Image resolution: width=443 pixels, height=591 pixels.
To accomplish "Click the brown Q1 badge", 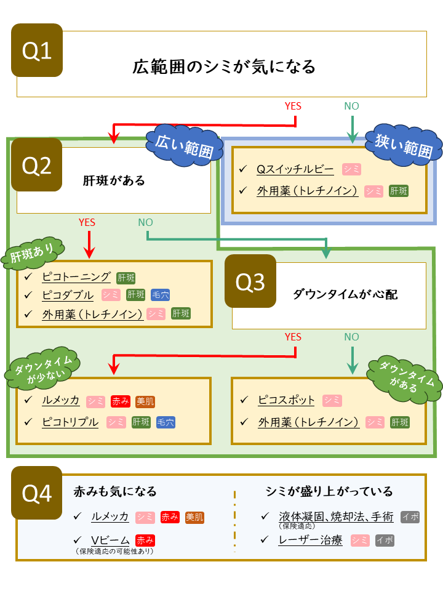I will tap(37, 50).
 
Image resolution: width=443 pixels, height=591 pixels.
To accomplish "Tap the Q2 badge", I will tap(37, 164).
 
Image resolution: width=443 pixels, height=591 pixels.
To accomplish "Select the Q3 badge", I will tap(250, 281).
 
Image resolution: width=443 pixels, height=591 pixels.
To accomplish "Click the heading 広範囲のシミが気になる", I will tap(224, 66).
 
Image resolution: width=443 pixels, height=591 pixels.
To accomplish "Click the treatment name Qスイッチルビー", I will tap(295, 169).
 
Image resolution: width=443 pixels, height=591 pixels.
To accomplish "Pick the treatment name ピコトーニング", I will tap(76, 276).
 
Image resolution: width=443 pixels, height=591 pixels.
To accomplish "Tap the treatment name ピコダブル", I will tap(68, 295).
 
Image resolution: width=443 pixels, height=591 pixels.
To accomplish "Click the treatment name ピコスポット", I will tap(286, 400).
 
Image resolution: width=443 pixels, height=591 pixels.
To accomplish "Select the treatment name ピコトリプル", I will tap(70, 422).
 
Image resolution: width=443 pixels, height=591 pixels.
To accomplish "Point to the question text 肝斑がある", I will tap(114, 180).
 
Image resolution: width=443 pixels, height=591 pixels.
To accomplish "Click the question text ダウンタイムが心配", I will tap(345, 294).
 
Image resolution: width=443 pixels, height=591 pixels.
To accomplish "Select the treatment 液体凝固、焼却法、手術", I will tap(336, 517).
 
